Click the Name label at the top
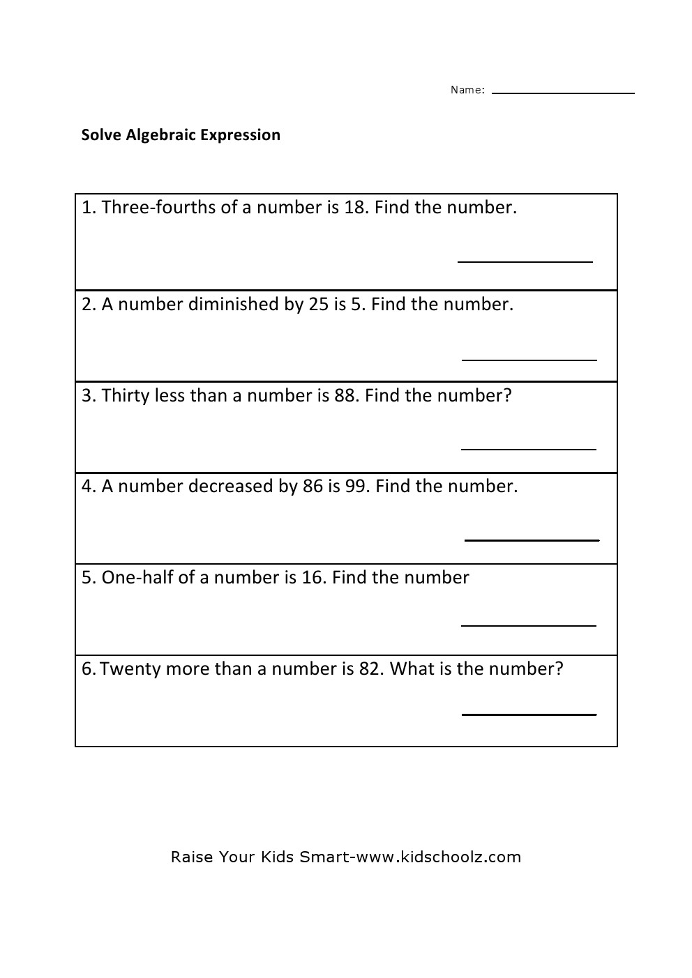[467, 90]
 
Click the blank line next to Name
[563, 93]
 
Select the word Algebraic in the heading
[160, 135]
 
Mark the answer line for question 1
[525, 261]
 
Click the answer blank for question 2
[529, 360]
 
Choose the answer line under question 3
[529, 450]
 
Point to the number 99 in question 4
[355, 487]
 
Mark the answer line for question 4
[532, 540]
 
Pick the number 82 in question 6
[370, 669]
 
